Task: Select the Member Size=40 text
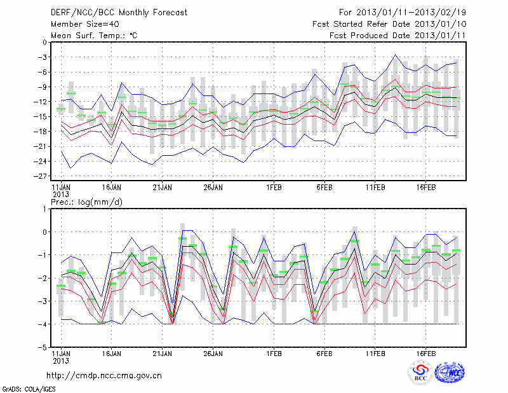click(x=80, y=24)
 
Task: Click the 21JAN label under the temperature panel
click(x=162, y=188)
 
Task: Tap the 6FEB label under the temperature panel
click(x=324, y=188)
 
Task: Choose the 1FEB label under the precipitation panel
click(x=274, y=353)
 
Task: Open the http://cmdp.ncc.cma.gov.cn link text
click(x=104, y=376)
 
